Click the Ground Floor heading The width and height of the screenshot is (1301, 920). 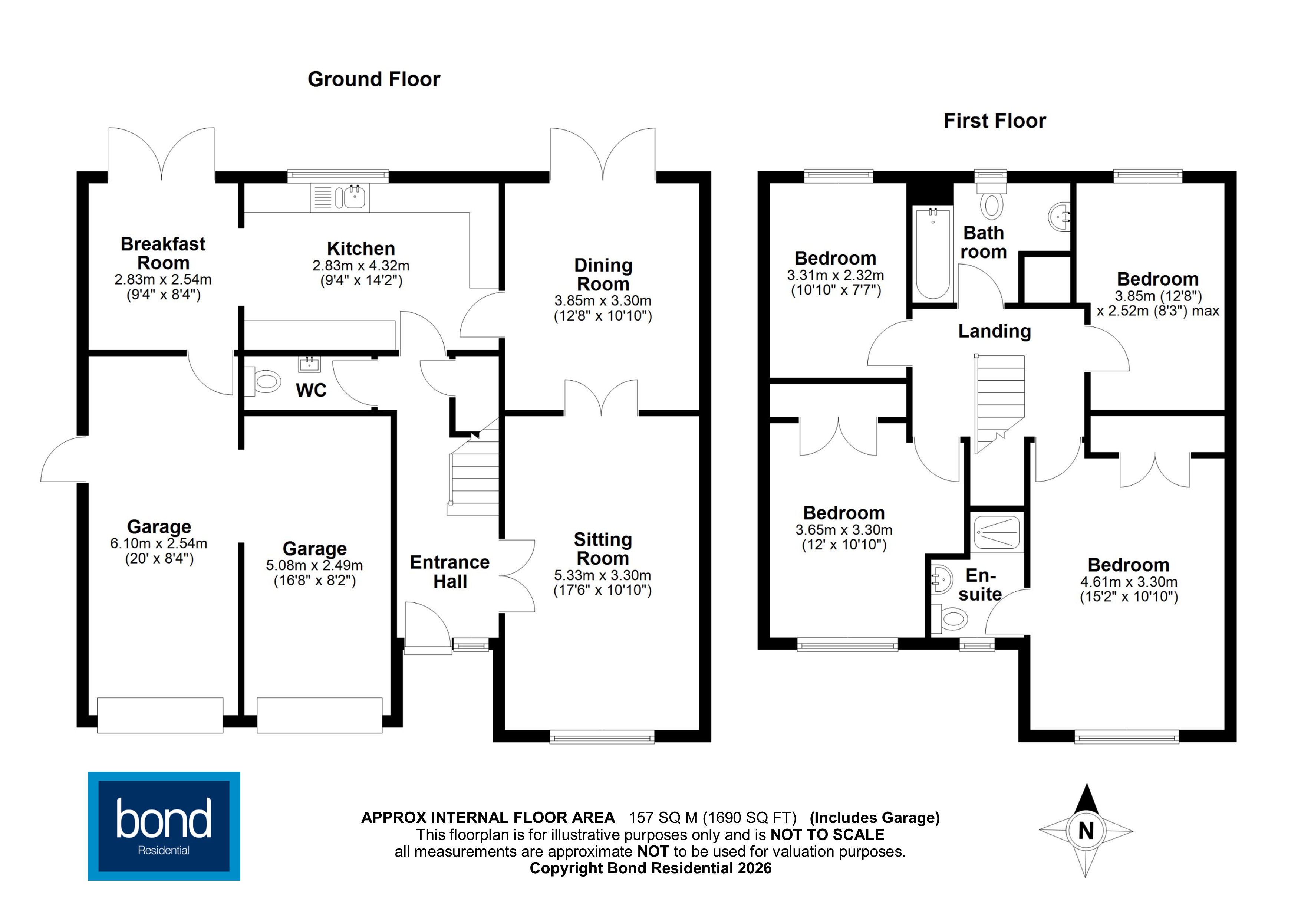click(x=373, y=79)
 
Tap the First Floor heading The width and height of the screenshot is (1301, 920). click(x=994, y=121)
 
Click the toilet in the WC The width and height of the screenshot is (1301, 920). click(x=265, y=381)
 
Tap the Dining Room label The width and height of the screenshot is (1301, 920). click(x=603, y=275)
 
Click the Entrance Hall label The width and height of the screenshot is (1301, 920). click(x=450, y=571)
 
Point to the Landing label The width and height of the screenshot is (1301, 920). click(x=994, y=331)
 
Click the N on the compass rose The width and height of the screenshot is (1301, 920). click(x=1086, y=831)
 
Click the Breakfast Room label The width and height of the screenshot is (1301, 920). click(x=163, y=253)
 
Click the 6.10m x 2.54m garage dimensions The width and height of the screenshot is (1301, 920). click(x=159, y=543)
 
